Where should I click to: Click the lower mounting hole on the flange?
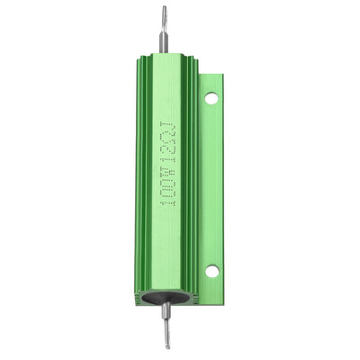(211, 269)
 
